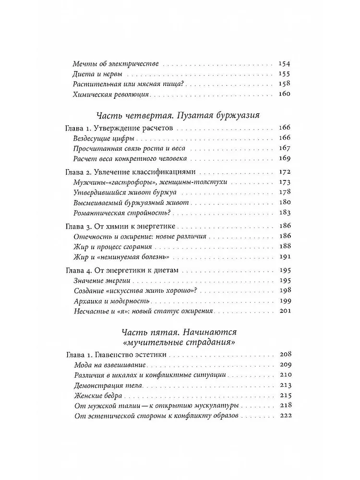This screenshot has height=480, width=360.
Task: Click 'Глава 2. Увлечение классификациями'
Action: [130, 172]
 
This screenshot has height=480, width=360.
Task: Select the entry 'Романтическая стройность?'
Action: [123, 212]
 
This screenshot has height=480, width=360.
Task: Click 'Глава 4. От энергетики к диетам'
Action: [121, 270]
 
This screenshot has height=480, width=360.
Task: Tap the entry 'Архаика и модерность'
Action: [112, 301]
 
